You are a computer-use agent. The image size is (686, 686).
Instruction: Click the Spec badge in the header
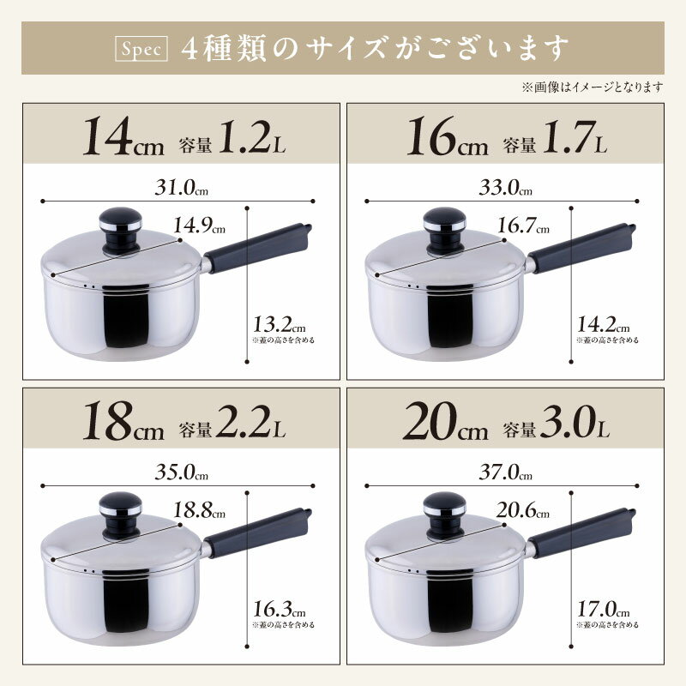(141, 48)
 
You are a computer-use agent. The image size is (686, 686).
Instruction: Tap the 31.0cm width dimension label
(182, 188)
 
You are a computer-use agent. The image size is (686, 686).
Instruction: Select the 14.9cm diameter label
(200, 226)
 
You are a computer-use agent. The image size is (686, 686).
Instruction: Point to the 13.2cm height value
(280, 325)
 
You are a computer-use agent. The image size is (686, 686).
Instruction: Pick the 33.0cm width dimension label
(506, 188)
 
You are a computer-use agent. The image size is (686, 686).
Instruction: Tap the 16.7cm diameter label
(523, 226)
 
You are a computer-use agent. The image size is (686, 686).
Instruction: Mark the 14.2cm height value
(604, 325)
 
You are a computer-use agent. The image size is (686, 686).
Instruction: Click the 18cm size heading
(123, 421)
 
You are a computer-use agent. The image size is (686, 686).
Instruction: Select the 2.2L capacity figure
(250, 422)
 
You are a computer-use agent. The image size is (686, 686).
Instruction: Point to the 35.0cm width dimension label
(182, 472)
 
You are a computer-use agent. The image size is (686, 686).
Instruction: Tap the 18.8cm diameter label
(200, 510)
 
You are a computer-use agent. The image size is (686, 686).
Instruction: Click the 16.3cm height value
(280, 610)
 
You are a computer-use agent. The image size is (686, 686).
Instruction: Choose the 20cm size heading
(446, 421)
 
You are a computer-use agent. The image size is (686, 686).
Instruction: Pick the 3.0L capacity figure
(575, 422)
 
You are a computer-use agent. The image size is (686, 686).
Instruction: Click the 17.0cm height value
(604, 610)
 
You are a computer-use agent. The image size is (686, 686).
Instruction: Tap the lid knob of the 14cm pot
(120, 230)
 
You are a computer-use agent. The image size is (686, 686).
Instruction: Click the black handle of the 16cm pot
(581, 248)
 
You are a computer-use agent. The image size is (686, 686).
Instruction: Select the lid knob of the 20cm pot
(444, 514)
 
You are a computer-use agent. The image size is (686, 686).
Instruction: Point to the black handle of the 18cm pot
(257, 533)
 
